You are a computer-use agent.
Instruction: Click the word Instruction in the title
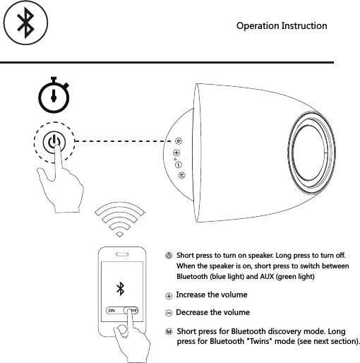tap(305, 26)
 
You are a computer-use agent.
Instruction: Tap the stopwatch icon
tap(54, 97)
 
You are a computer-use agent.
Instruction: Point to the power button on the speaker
tap(179, 140)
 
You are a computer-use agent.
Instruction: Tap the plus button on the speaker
tap(176, 152)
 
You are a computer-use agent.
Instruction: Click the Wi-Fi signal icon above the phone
tap(119, 221)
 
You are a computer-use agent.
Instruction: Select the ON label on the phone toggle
tap(111, 310)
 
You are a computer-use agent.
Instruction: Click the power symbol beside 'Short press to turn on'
tap(169, 256)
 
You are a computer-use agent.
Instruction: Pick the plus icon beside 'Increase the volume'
tap(169, 295)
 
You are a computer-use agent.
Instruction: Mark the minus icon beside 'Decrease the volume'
tap(169, 313)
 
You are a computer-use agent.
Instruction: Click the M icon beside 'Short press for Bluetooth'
tap(169, 331)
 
